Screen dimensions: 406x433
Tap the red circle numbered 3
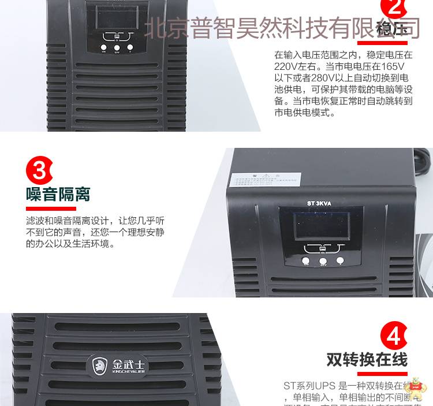click(39, 170)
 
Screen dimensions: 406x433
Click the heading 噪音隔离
click(58, 193)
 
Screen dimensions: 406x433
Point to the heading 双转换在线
click(367, 359)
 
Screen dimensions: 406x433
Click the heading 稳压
click(391, 29)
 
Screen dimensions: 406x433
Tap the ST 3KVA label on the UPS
click(319, 202)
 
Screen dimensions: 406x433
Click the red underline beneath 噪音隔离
click(51, 208)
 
